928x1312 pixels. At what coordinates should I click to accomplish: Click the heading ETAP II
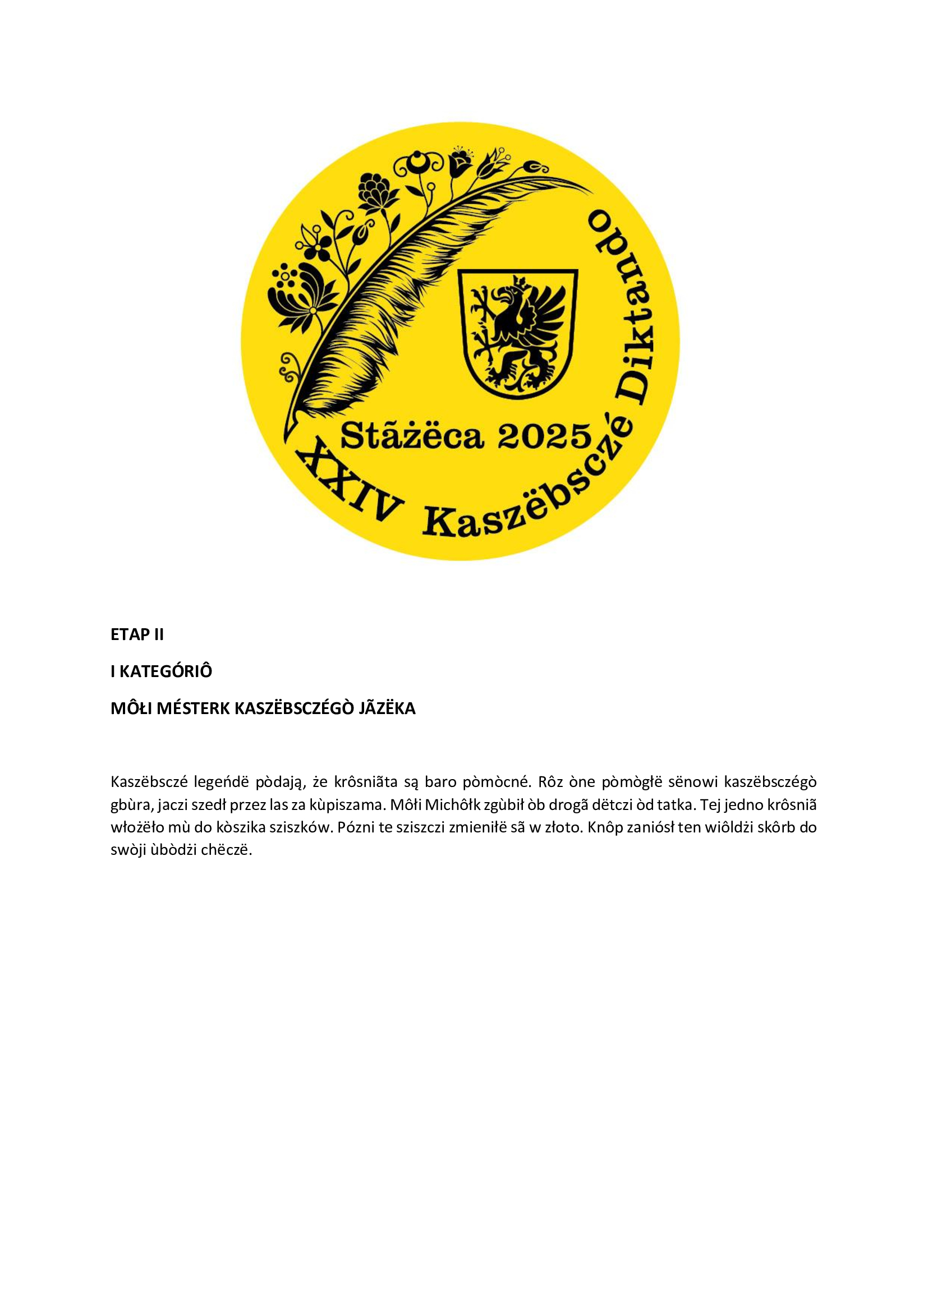tap(137, 635)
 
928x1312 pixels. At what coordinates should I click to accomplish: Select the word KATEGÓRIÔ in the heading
tap(166, 671)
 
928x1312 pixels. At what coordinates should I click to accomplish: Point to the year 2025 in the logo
tap(544, 437)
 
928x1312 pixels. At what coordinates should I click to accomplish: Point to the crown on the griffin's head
tap(521, 281)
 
